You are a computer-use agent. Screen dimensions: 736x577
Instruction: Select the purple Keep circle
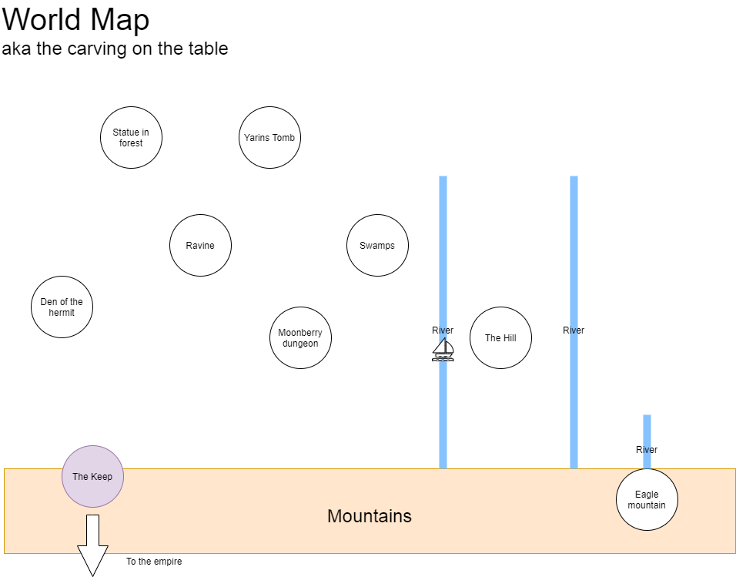click(x=93, y=476)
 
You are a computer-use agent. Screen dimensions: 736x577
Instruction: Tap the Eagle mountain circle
click(x=647, y=499)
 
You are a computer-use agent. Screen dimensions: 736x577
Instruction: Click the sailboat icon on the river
click(x=443, y=350)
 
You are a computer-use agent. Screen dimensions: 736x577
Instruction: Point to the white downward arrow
click(x=93, y=545)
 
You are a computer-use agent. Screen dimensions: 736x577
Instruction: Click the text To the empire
click(x=154, y=562)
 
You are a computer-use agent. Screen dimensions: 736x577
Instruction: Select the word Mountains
click(x=370, y=516)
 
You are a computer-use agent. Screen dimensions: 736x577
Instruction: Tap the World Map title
click(x=76, y=20)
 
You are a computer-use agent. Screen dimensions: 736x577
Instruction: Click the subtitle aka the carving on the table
click(x=115, y=49)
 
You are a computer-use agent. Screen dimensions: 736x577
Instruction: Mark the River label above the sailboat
click(x=443, y=330)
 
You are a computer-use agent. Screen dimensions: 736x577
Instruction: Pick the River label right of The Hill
click(x=574, y=330)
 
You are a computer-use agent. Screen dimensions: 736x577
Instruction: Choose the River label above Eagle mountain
click(x=647, y=450)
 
